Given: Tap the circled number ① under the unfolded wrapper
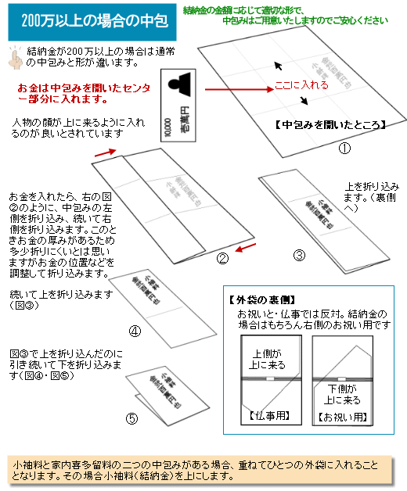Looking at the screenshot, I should coord(343,147).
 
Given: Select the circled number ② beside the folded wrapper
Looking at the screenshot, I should coord(222,258).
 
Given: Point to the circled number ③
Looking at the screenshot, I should coord(298,255).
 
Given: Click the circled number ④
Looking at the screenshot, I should coord(135,331).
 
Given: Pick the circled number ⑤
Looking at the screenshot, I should coord(132,418).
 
